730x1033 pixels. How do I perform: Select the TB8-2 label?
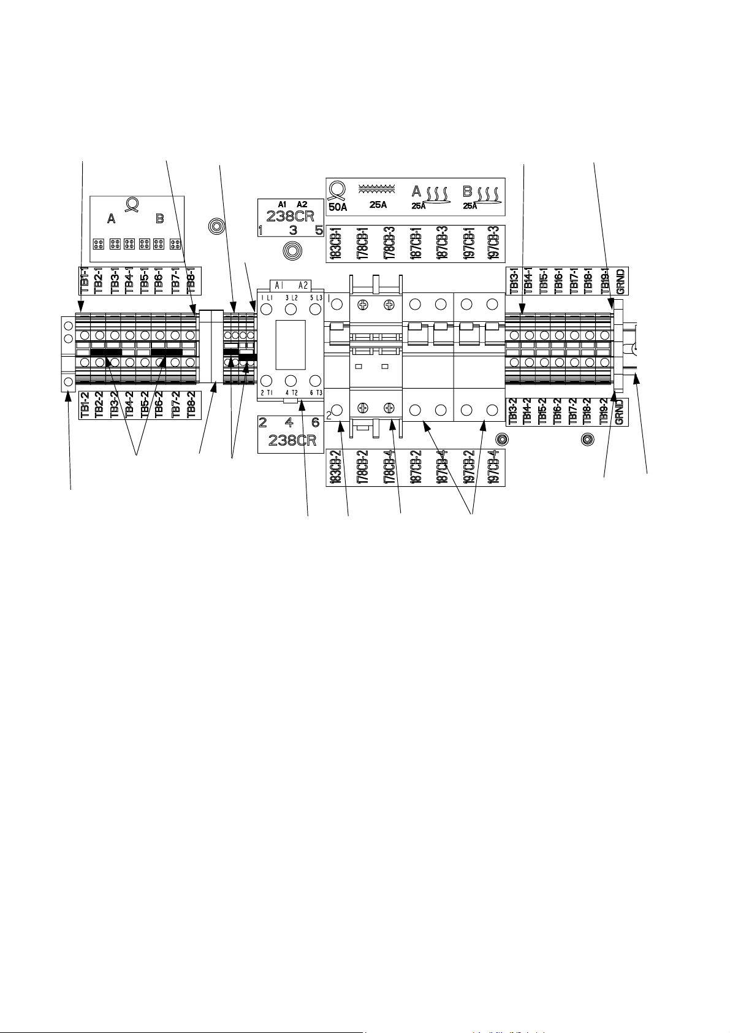(x=191, y=405)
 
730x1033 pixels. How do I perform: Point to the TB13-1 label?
(x=512, y=280)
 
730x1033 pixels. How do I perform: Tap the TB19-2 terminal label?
(x=604, y=412)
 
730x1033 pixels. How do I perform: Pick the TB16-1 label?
(x=558, y=280)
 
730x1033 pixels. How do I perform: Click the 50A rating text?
(x=338, y=206)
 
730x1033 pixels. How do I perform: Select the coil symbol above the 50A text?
(x=336, y=189)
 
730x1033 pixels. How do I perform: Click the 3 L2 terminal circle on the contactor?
(x=291, y=309)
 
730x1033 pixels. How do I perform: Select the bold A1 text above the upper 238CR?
(x=282, y=204)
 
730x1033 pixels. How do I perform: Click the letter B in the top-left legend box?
(x=160, y=219)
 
